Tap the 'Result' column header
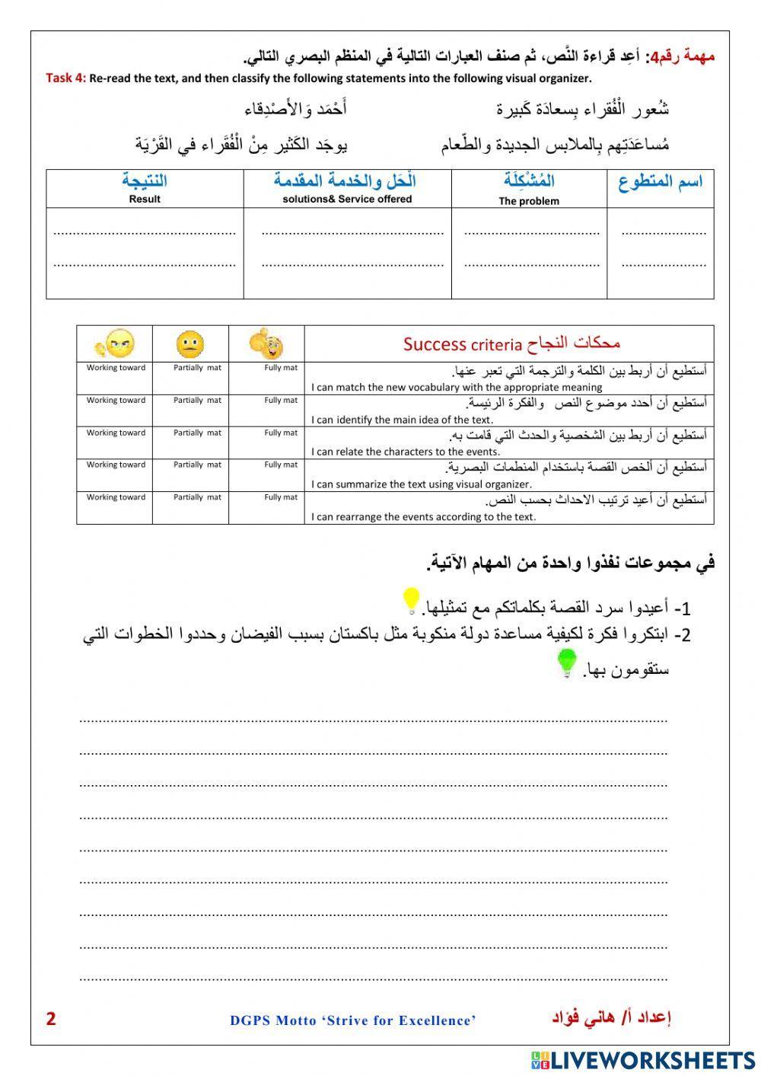pyautogui.click(x=145, y=199)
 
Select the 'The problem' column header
pyautogui.click(x=529, y=201)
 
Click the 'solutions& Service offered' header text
pyautogui.click(x=347, y=199)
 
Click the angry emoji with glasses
pyautogui.click(x=114, y=343)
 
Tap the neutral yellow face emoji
pyautogui.click(x=190, y=344)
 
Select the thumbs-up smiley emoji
pyautogui.click(x=266, y=344)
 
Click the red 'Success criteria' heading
pyautogui.click(x=511, y=343)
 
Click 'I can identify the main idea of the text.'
pyautogui.click(x=403, y=420)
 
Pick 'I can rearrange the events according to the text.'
pyautogui.click(x=424, y=516)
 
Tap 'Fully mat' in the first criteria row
pyautogui.click(x=281, y=368)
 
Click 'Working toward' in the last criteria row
pyautogui.click(x=116, y=497)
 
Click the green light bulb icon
pyautogui.click(x=567, y=663)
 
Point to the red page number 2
pyautogui.click(x=51, y=1019)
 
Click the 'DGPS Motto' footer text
pyautogui.click(x=353, y=1020)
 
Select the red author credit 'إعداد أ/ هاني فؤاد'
pyautogui.click(x=610, y=1018)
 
